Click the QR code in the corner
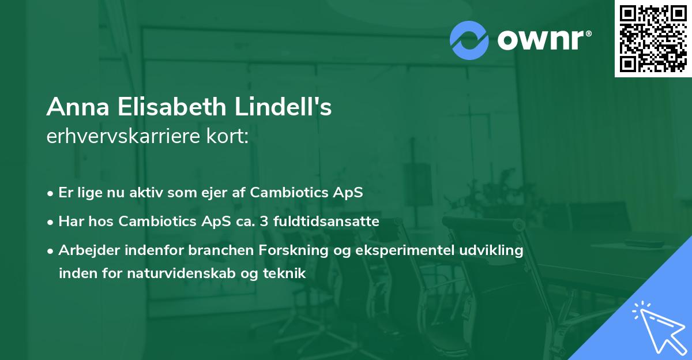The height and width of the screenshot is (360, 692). click(653, 39)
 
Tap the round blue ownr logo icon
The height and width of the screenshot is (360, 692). click(469, 40)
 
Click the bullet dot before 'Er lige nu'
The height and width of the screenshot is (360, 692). click(51, 193)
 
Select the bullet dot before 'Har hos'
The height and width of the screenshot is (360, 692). click(51, 222)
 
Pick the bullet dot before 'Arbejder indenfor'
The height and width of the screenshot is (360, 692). click(51, 252)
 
